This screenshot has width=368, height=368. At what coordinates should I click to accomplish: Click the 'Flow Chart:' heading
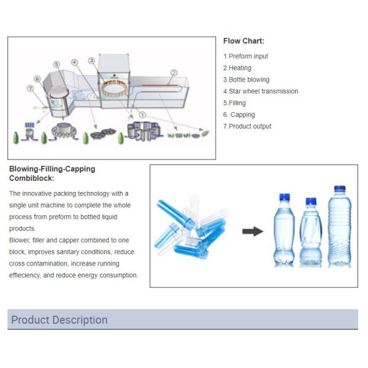pyautogui.click(x=243, y=41)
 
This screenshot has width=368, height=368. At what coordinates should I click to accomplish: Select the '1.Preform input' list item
pyautogui.click(x=245, y=56)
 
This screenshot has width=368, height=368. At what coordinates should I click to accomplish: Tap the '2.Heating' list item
pyautogui.click(x=237, y=68)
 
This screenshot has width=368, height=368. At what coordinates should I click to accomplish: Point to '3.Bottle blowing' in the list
pyautogui.click(x=246, y=80)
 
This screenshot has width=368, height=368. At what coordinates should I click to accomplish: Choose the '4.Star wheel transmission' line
pyautogui.click(x=261, y=91)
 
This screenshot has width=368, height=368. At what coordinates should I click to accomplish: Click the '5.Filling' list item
pyautogui.click(x=234, y=103)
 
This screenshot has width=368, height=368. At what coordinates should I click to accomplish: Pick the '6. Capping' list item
pyautogui.click(x=239, y=115)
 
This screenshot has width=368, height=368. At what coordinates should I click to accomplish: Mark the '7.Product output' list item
pyautogui.click(x=247, y=126)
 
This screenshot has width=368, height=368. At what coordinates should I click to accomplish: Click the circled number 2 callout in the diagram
pyautogui.click(x=174, y=73)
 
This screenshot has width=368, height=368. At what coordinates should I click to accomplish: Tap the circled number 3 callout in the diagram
pyautogui.click(x=91, y=60)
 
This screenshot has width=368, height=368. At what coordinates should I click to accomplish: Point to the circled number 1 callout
pyautogui.click(x=142, y=114)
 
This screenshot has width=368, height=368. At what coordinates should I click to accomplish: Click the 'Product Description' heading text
pyautogui.click(x=59, y=320)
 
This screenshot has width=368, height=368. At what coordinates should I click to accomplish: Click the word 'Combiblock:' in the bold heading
pyautogui.click(x=32, y=178)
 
